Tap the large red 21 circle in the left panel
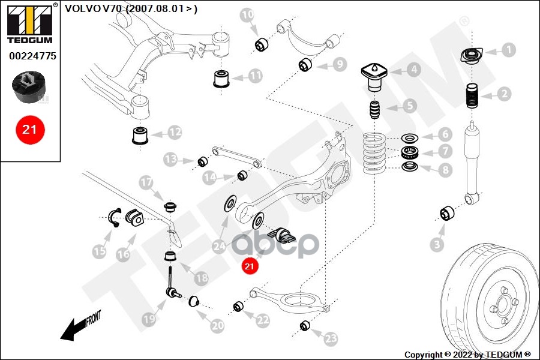29,129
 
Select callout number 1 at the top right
508,50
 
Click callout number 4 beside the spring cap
412,69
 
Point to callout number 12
174,131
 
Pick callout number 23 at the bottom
331,338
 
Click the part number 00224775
32,56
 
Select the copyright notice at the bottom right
467,355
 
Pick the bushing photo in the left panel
29,87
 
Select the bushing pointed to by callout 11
223,79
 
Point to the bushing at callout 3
448,213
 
